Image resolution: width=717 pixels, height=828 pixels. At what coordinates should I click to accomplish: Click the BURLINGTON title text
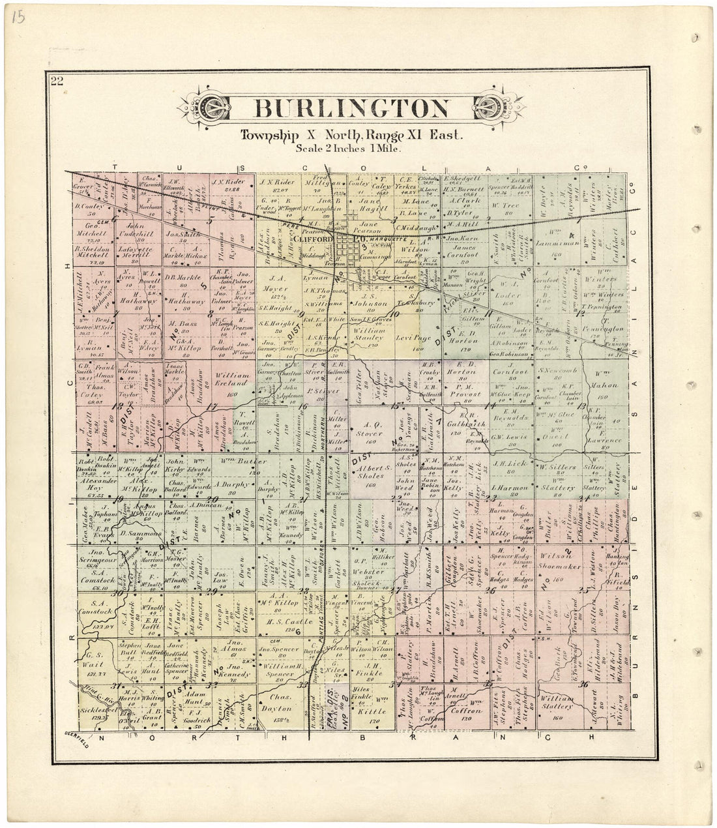pos(351,109)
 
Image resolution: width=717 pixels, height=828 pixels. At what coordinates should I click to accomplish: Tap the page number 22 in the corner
pos(55,81)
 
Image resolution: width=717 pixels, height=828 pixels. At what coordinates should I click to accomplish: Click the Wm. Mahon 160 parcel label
pos(607,380)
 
